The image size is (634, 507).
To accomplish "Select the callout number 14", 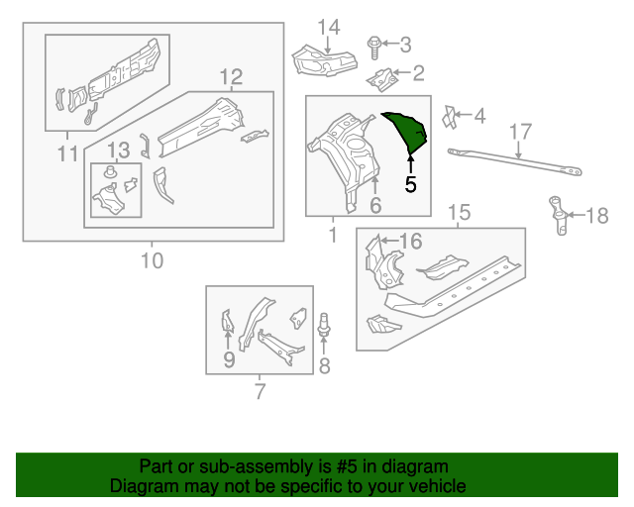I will pos(329,26).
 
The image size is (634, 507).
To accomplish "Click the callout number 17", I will pos(521,132).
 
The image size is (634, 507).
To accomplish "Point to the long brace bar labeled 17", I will pos(514,162).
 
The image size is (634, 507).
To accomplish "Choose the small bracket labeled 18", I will pos(559,216).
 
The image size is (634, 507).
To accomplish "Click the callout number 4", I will pos(479,117).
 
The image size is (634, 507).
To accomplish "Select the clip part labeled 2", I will pos(383,75).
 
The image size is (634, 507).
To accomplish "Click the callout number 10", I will pos(152,260).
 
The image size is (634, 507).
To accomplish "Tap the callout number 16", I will pos(410,241).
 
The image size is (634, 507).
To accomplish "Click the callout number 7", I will pos(260,392).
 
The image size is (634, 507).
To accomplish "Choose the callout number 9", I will pos(228,360).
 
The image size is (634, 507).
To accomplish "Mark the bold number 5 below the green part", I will pos(411,183).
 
